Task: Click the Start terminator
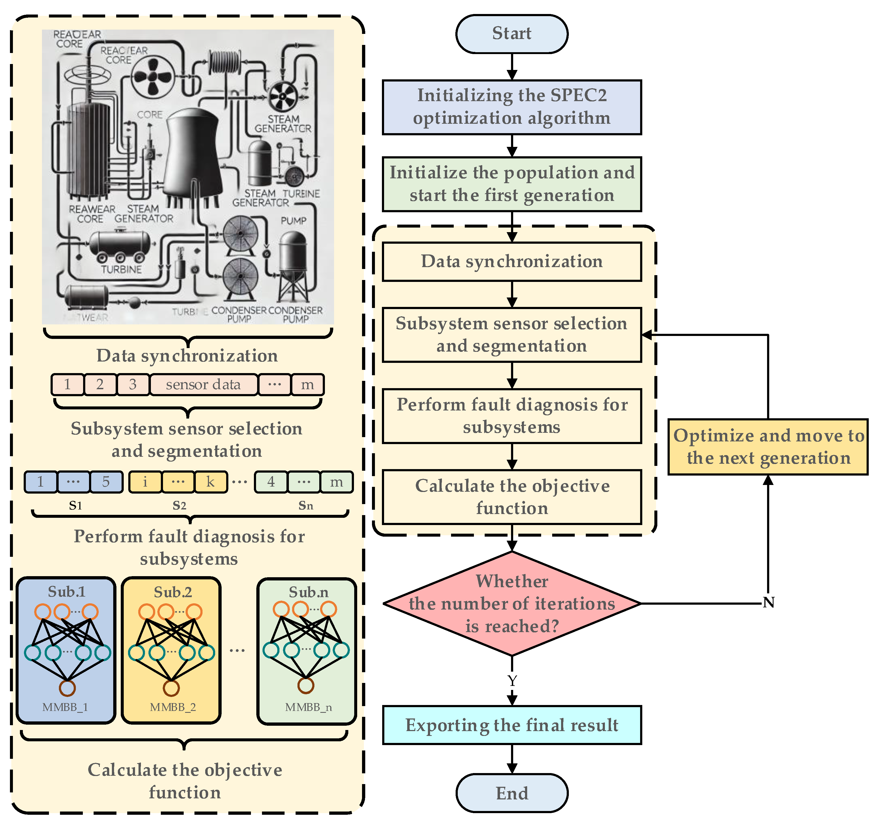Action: pyautogui.click(x=512, y=34)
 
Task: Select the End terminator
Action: pyautogui.click(x=512, y=793)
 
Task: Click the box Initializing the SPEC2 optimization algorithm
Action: pyautogui.click(x=512, y=107)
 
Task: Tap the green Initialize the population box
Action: pyautogui.click(x=512, y=184)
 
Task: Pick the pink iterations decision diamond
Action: pyautogui.click(x=512, y=603)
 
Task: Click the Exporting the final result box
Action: pyautogui.click(x=512, y=725)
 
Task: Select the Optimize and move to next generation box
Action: pyautogui.click(x=768, y=447)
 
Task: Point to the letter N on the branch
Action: pyautogui.click(x=768, y=602)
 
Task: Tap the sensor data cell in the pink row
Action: pyautogui.click(x=203, y=384)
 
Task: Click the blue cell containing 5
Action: pyautogui.click(x=106, y=482)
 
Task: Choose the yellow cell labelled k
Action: pyautogui.click(x=211, y=482)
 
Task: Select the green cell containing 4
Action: pyautogui.click(x=271, y=482)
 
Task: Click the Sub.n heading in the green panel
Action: pyautogui.click(x=308, y=592)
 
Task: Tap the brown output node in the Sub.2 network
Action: pyautogui.click(x=171, y=688)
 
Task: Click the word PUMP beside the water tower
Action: pyautogui.click(x=293, y=221)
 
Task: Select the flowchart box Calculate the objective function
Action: pyautogui.click(x=512, y=497)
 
